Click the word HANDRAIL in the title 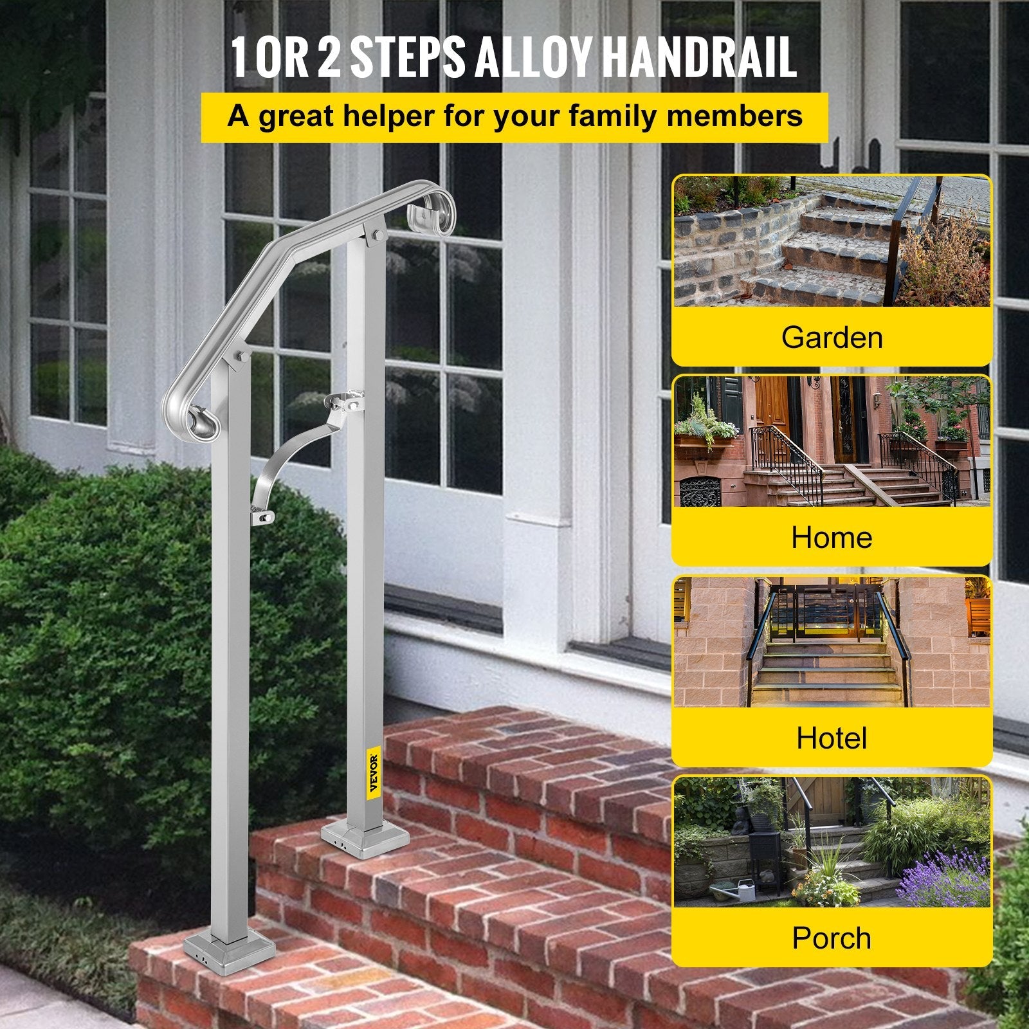click(698, 58)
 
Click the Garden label click(832, 337)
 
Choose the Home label click(832, 537)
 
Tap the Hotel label click(832, 738)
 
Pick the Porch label click(832, 938)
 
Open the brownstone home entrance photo click(832, 442)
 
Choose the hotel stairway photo click(832, 642)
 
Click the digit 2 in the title click(329, 58)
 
